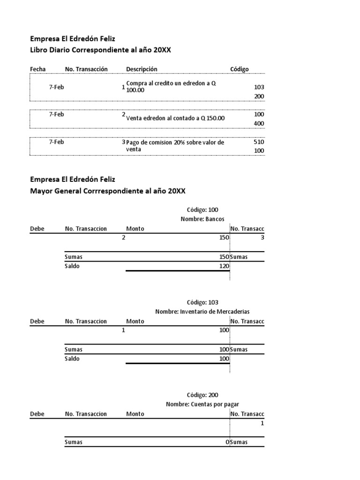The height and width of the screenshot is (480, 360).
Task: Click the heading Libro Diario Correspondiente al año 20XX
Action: [100, 50]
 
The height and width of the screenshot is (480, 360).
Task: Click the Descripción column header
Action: [142, 69]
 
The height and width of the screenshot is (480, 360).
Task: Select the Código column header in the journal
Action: [239, 69]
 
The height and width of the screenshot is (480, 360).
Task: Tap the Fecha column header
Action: [37, 69]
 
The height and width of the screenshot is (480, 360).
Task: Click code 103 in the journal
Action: [259, 87]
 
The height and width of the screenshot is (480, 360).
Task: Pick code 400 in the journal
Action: [259, 123]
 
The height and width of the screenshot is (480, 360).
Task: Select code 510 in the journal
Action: [259, 142]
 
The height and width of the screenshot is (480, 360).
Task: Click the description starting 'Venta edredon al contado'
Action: [175, 118]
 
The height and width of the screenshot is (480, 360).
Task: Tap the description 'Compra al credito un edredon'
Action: [171, 86]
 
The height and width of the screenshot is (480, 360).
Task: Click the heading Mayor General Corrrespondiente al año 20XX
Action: [108, 191]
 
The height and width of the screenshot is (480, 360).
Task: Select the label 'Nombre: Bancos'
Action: [202, 219]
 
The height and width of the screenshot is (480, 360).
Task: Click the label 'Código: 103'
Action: [202, 302]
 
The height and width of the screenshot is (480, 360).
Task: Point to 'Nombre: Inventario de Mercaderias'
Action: [202, 311]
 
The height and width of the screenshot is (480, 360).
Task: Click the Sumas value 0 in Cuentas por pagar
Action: [227, 442]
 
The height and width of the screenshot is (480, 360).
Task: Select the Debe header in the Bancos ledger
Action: [37, 229]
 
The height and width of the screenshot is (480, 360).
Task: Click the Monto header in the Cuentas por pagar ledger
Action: [135, 414]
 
